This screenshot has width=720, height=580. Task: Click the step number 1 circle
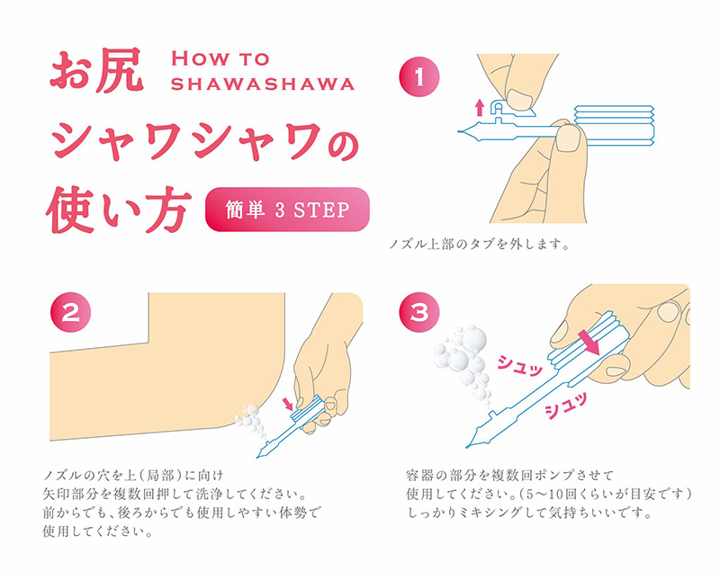point(419,76)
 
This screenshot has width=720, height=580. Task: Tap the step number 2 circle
point(70,313)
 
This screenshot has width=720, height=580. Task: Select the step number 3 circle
point(419,313)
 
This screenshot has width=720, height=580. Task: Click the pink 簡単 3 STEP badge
point(287,210)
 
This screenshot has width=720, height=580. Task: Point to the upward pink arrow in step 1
point(480,107)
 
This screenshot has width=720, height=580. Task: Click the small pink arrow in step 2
point(289,404)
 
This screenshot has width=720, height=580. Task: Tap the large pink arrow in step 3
point(589,343)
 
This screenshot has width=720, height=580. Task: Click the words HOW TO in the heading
point(220,58)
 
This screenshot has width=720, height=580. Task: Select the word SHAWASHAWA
point(263,84)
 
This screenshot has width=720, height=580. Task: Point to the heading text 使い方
point(119,210)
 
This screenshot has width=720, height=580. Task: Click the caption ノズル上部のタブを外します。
point(480,244)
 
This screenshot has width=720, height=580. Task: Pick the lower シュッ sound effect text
point(566,405)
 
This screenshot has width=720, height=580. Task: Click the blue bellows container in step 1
point(615,126)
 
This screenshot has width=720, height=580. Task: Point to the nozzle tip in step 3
point(468,446)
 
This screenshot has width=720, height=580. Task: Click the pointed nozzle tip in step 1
point(460,131)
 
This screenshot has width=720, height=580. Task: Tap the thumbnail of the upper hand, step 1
point(519,100)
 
